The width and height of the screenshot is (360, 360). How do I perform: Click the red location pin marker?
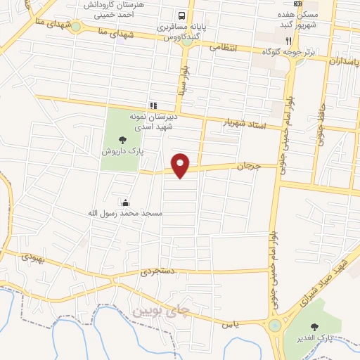tap(181, 165)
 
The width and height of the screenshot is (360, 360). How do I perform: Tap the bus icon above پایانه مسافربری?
tap(182, 15)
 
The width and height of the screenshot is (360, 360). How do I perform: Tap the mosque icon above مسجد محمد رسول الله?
tap(125, 202)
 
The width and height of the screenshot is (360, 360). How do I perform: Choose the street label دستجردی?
tap(156, 269)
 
